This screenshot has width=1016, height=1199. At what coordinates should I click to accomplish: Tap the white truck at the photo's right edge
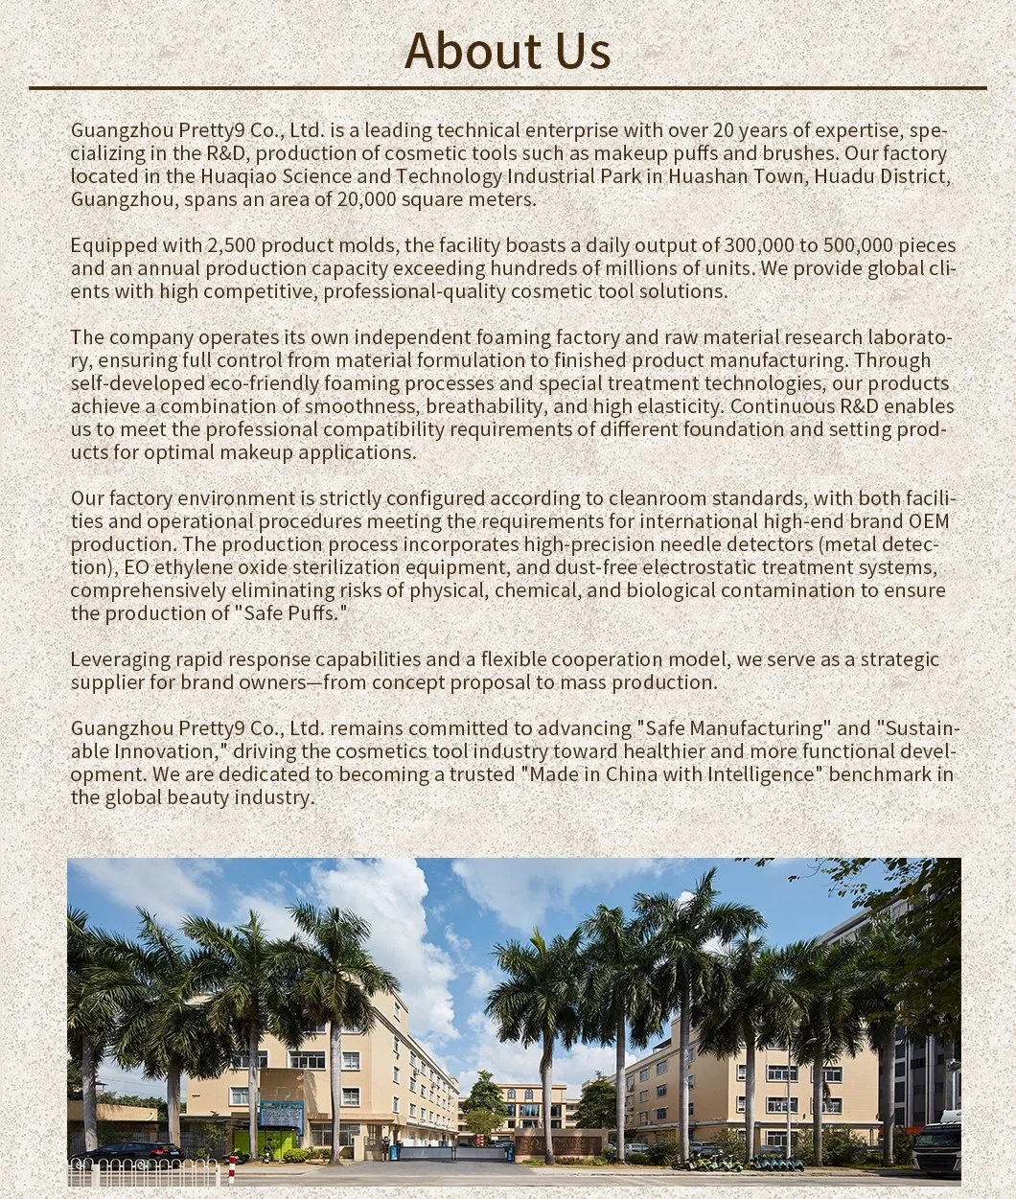point(936,1148)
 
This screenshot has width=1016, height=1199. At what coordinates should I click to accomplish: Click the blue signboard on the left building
point(281,1114)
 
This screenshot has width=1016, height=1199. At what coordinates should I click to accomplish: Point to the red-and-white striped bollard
point(232,1169)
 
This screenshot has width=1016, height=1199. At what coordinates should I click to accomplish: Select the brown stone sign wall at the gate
point(559,1143)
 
